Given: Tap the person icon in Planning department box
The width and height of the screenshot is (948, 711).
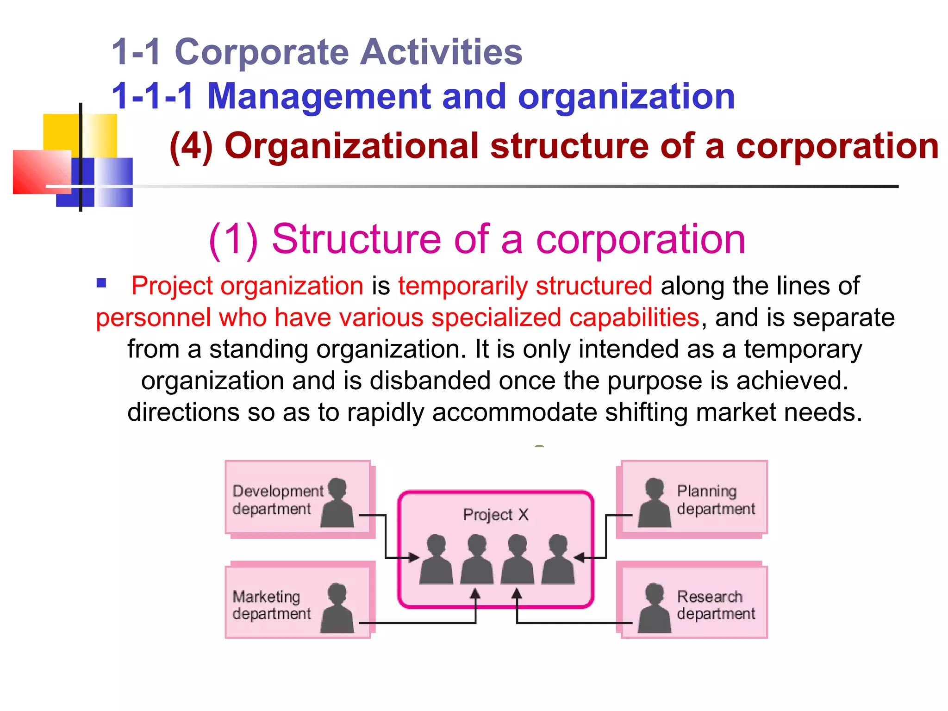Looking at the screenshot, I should pos(655,503).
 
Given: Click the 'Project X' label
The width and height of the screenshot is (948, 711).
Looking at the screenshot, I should pos(495,515).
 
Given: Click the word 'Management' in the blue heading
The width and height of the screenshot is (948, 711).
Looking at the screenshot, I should pos(319,96).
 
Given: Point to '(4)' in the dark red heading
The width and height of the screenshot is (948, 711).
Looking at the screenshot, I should pos(191,147).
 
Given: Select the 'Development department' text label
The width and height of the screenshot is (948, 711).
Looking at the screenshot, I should pos(277,500).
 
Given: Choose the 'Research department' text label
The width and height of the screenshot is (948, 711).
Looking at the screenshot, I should pos(716,605).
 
